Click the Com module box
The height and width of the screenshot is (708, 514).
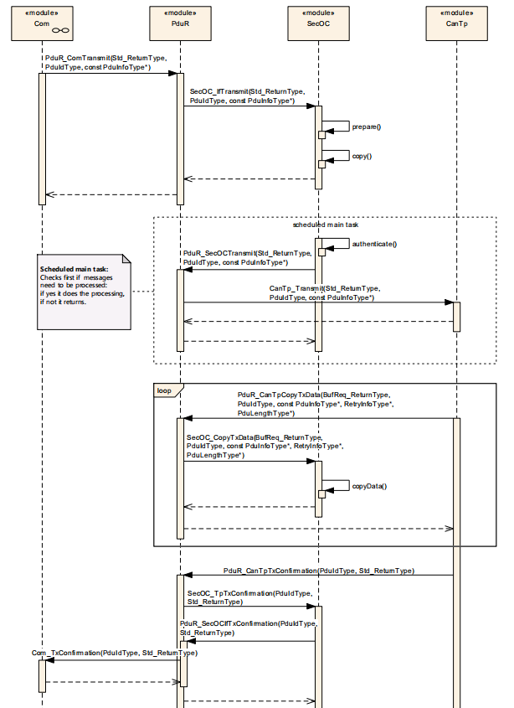pyautogui.click(x=42, y=23)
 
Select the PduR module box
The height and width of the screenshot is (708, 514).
pyautogui.click(x=180, y=23)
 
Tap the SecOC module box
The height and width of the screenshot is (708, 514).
pyautogui.click(x=318, y=23)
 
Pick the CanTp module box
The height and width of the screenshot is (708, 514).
pyautogui.click(x=456, y=23)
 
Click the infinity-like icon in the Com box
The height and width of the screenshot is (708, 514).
pyautogui.click(x=60, y=31)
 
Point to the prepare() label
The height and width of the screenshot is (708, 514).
pyautogui.click(x=367, y=127)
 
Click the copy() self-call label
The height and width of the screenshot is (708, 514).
pyautogui.click(x=362, y=156)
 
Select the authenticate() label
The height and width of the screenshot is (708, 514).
pyautogui.click(x=374, y=245)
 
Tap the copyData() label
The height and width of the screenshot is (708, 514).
pyautogui.click(x=369, y=486)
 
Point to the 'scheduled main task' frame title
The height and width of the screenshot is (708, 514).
pyautogui.click(x=326, y=225)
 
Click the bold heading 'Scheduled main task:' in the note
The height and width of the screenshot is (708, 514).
pyautogui.click(x=74, y=269)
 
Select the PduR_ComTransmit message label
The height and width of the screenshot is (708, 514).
pyautogui.click(x=106, y=63)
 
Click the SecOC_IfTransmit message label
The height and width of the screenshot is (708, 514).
pyautogui.click(x=247, y=96)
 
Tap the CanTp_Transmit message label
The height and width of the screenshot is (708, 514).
pyautogui.click(x=325, y=293)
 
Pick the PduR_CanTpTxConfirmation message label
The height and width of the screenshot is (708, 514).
pyautogui.click(x=319, y=571)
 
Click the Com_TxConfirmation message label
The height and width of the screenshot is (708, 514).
pyautogui.click(x=115, y=653)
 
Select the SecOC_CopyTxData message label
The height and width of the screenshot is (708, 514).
pyautogui.click(x=265, y=446)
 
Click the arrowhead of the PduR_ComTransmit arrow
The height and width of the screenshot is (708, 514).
pyautogui.click(x=172, y=73)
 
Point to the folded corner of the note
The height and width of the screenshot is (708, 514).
pyautogui.click(x=126, y=259)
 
